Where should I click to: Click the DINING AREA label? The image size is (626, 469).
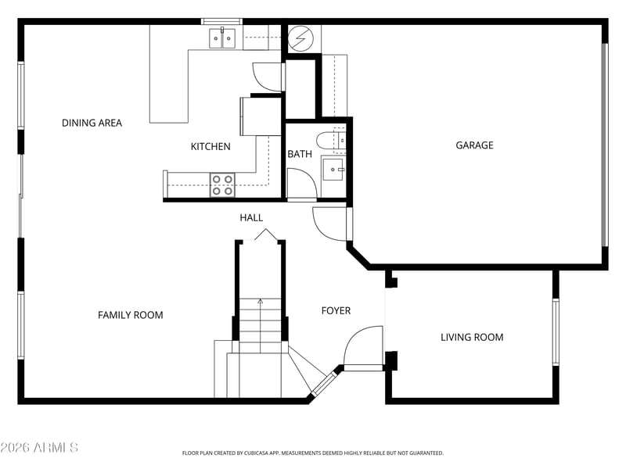pyautogui.click(x=92, y=123)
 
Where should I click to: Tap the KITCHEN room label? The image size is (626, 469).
pyautogui.click(x=210, y=147)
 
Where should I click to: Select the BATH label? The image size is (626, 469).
pyautogui.click(x=300, y=154)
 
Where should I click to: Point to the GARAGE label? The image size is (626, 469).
pyautogui.click(x=474, y=145)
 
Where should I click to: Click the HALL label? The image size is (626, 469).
pyautogui.click(x=251, y=218)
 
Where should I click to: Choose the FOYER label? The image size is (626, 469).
pyautogui.click(x=336, y=310)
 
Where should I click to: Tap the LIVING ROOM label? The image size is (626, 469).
pyautogui.click(x=472, y=338)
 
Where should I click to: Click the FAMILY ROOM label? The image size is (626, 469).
pyautogui.click(x=131, y=315)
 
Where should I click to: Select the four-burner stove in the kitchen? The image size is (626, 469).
pyautogui.click(x=222, y=185)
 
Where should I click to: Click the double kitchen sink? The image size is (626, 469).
pyautogui.click(x=222, y=38)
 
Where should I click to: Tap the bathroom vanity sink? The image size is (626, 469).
pyautogui.click(x=333, y=170)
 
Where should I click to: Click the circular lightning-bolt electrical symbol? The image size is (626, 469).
pyautogui.click(x=300, y=38)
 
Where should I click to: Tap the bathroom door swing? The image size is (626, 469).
pyautogui.click(x=302, y=183)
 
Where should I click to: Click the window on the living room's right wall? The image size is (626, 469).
pyautogui.click(x=556, y=332)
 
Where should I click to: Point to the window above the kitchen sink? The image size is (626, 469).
pyautogui.click(x=221, y=22)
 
